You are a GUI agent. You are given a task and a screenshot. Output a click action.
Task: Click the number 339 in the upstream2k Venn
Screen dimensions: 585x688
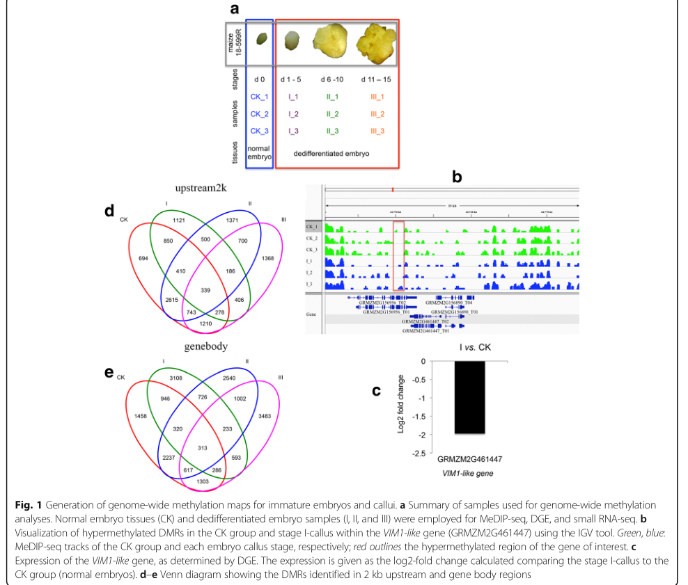click(x=205, y=289)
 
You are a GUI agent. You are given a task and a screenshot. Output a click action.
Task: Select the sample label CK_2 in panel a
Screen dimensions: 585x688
click(x=259, y=113)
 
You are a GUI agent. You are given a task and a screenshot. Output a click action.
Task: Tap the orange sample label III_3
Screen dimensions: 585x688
click(x=377, y=131)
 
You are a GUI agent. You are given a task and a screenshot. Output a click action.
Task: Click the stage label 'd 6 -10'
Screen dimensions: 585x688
click(x=331, y=79)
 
